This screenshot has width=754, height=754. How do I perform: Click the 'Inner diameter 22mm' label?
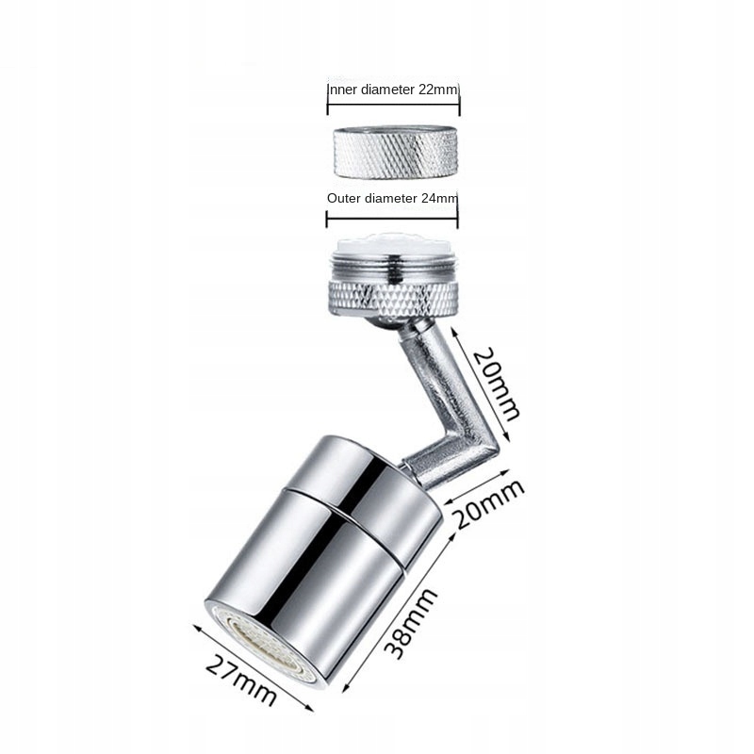(x=392, y=90)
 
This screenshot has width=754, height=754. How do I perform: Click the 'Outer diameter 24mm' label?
(x=392, y=198)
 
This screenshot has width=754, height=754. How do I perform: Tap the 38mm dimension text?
(x=411, y=624)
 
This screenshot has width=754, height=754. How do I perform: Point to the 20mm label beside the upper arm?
(x=498, y=384)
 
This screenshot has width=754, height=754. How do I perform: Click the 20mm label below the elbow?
(x=488, y=503)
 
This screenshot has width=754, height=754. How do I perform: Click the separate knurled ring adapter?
(x=395, y=152)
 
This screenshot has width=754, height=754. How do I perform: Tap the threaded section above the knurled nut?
(x=393, y=270)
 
